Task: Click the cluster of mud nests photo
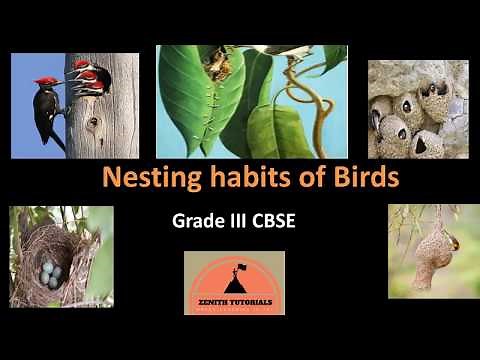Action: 418,108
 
